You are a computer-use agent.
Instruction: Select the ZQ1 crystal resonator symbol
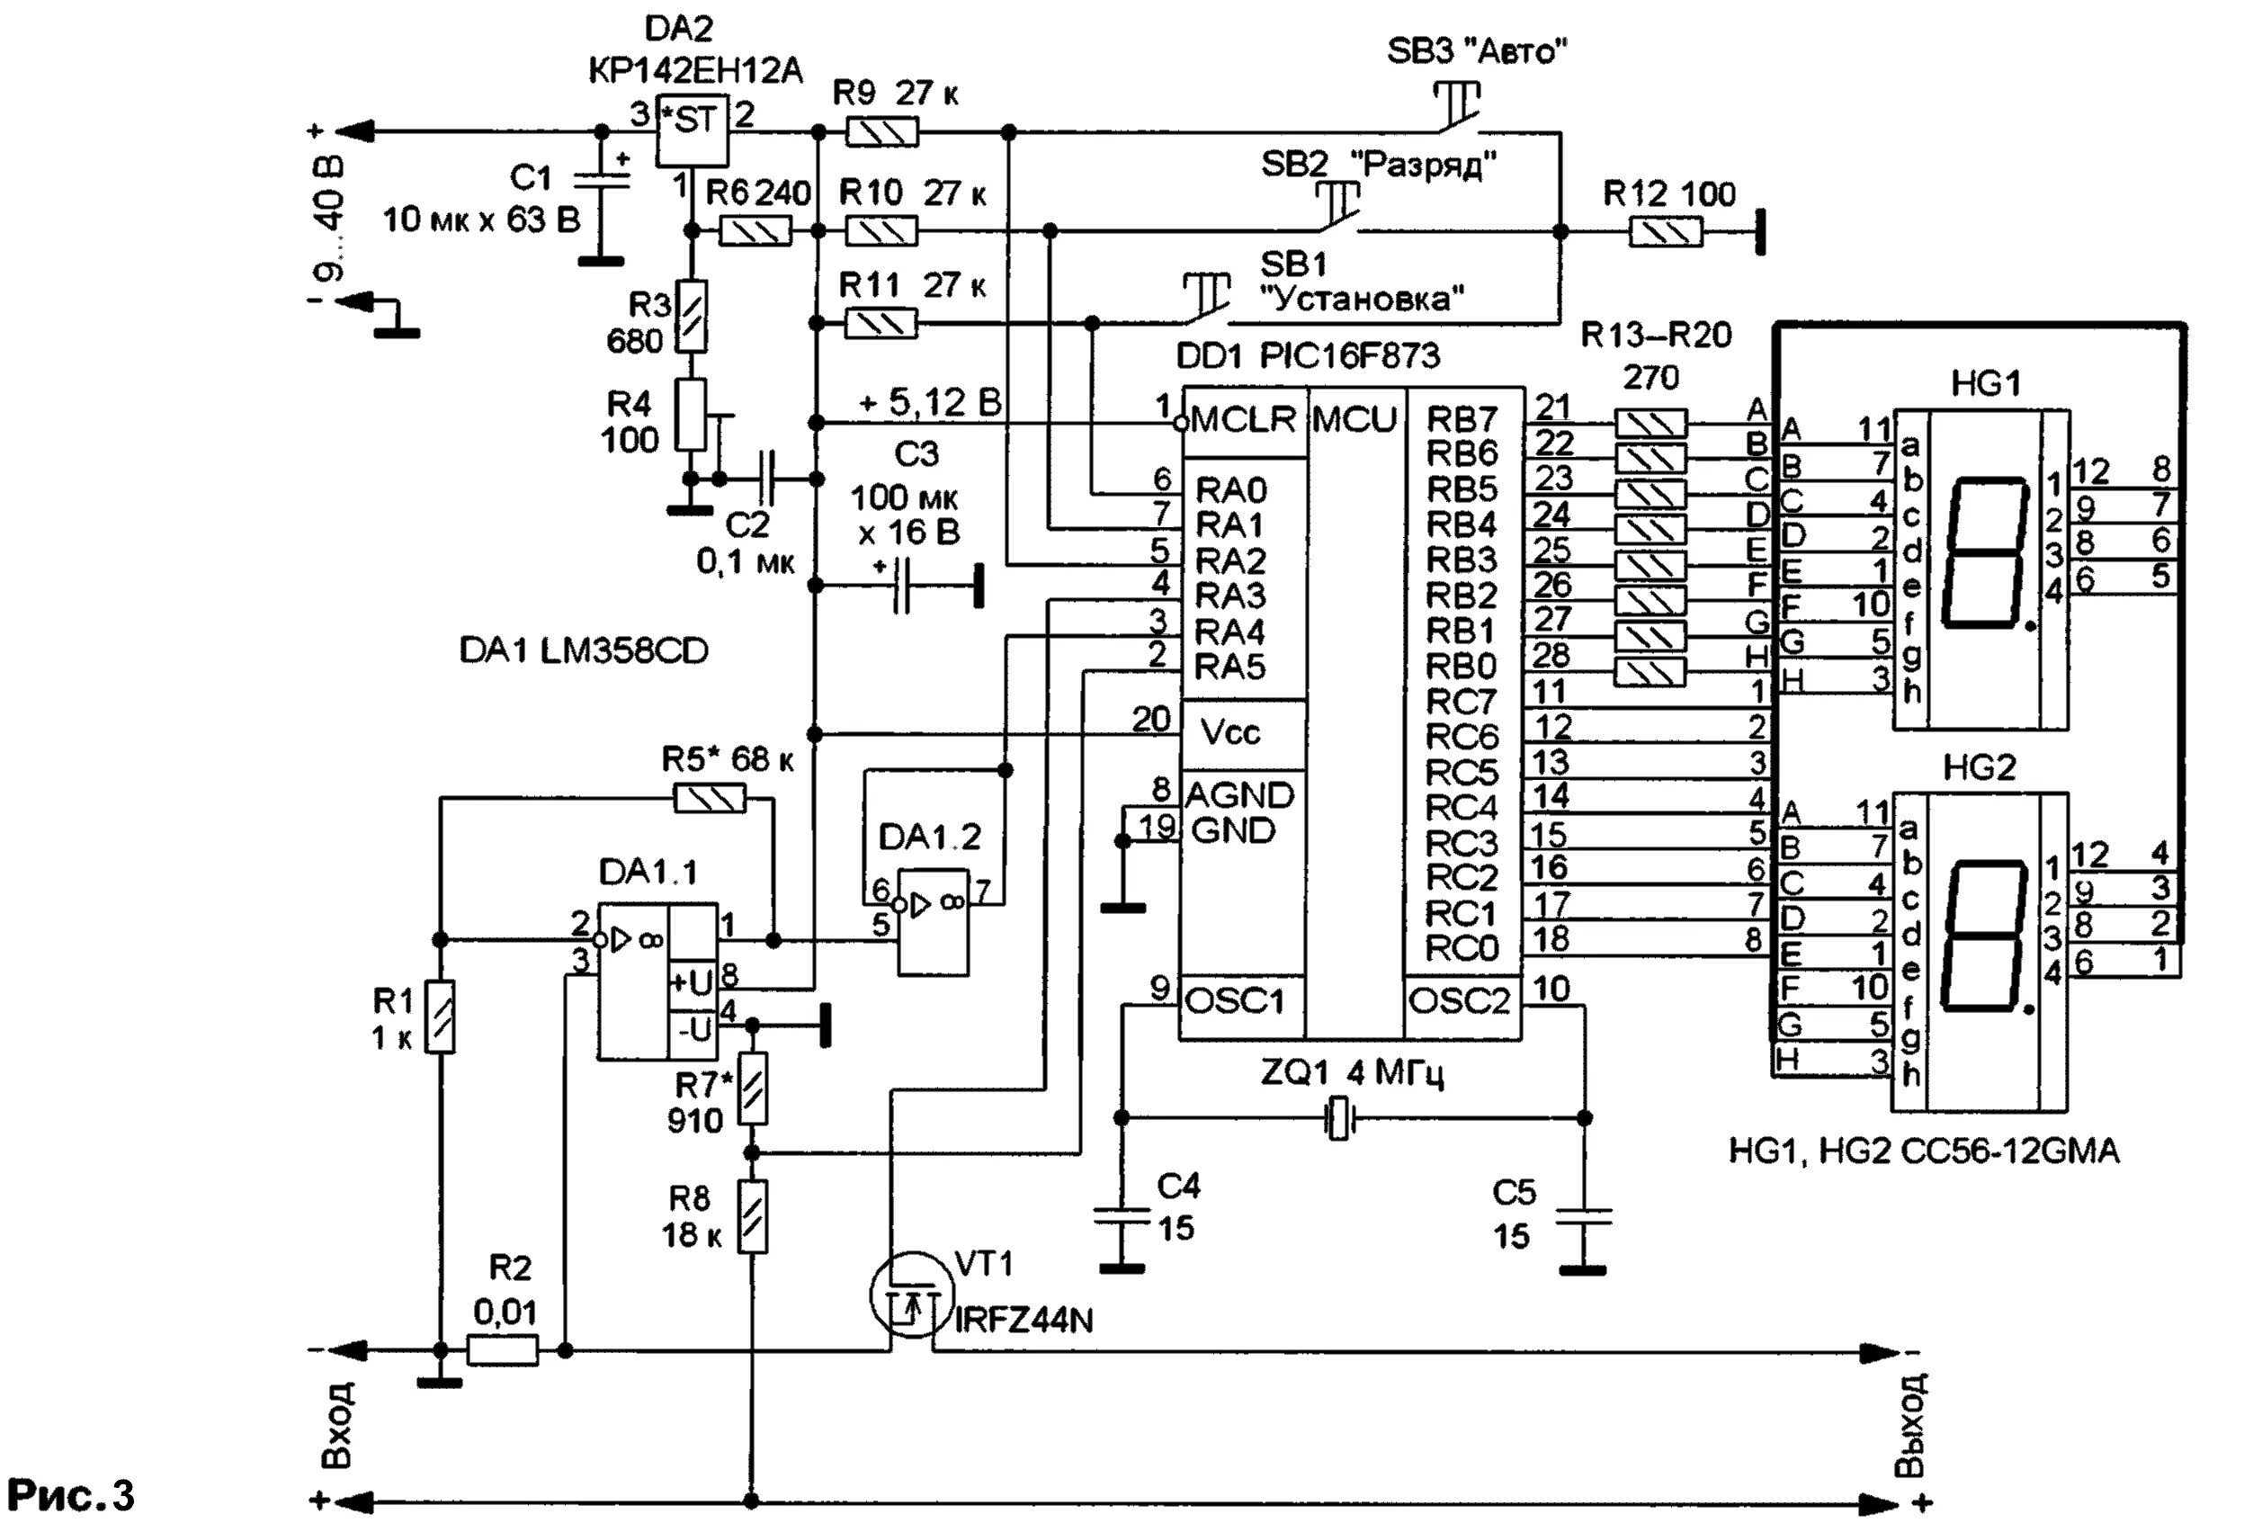(x=1337, y=1118)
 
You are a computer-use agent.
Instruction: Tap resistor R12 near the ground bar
(x=1666, y=232)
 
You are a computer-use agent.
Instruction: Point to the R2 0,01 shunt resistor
(x=502, y=1349)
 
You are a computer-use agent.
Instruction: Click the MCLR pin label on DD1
(x=1244, y=420)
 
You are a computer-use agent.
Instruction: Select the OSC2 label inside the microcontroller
(x=1459, y=1002)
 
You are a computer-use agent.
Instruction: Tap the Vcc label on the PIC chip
(x=1230, y=732)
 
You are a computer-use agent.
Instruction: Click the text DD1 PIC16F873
(x=1308, y=356)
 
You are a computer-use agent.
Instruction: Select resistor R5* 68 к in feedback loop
(x=710, y=798)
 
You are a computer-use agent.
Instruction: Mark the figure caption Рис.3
(x=70, y=1494)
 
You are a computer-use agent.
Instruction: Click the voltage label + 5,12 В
(x=930, y=403)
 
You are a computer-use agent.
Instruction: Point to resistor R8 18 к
(x=752, y=1216)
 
